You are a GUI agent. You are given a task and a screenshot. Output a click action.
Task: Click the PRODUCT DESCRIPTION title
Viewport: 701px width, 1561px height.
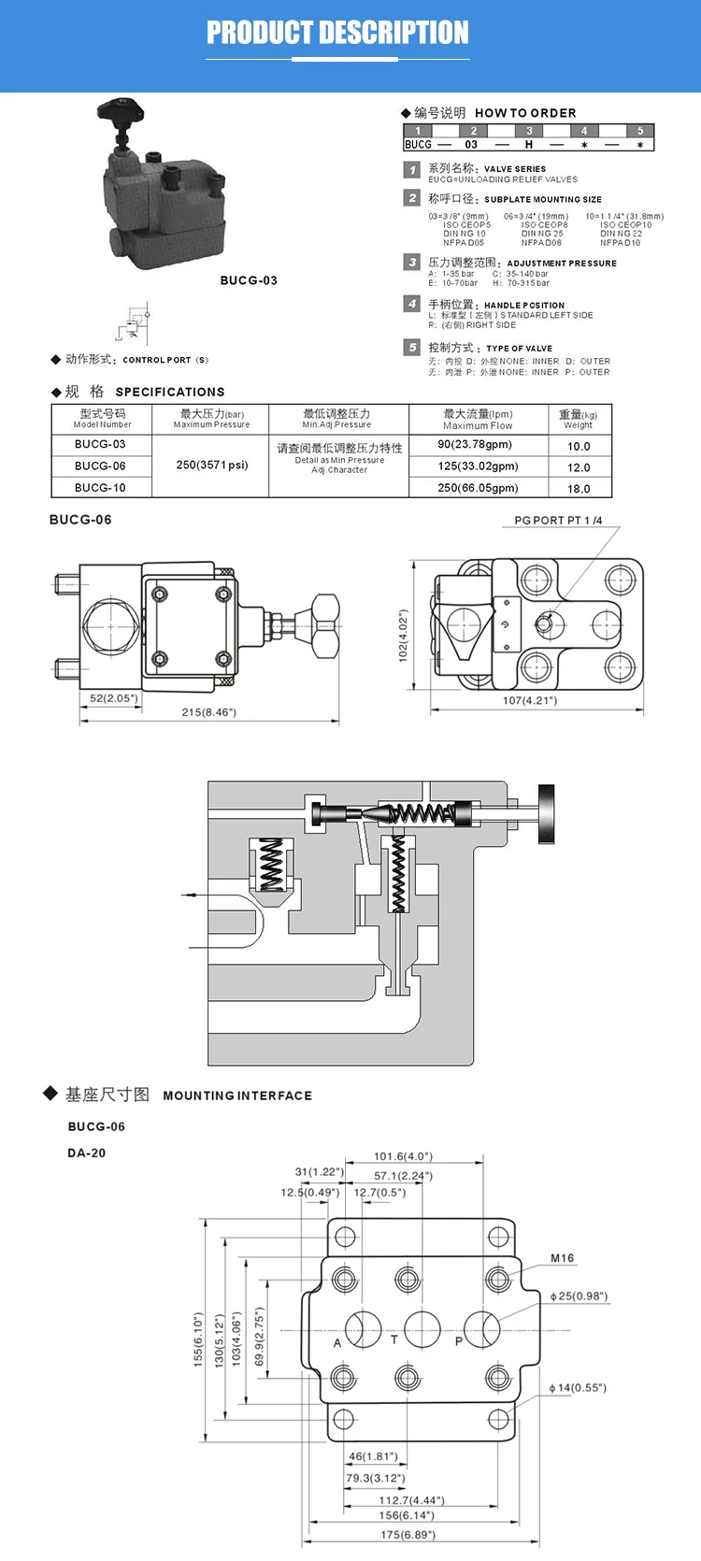tap(337, 33)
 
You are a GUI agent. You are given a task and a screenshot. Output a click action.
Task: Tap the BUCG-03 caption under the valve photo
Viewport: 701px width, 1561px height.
tap(249, 280)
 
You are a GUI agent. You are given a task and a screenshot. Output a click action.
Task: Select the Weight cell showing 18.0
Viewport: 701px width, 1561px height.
tap(579, 489)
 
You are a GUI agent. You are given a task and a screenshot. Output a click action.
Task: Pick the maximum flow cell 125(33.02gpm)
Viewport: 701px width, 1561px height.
tap(478, 466)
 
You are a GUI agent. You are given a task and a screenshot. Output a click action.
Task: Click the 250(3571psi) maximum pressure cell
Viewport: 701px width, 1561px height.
tap(212, 465)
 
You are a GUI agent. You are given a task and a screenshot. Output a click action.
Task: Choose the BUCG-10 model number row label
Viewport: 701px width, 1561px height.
tap(100, 488)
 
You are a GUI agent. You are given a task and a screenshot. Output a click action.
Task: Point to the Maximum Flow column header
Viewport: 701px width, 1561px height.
tap(478, 419)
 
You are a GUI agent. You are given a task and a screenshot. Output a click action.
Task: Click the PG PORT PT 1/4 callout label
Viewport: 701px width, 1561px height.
tap(558, 521)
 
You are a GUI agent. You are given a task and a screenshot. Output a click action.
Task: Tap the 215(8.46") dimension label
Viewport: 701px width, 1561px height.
tap(208, 712)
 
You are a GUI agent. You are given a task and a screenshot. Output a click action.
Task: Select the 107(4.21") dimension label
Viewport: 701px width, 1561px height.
tap(530, 700)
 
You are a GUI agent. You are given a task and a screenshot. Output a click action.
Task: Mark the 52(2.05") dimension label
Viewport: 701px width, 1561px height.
tap(113, 698)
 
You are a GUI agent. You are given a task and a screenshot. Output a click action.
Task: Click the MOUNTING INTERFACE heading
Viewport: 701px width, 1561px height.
tap(237, 1096)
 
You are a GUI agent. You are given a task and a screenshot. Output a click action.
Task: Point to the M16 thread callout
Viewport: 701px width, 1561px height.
tap(562, 1258)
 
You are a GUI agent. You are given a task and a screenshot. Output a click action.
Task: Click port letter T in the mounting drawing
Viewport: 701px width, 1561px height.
tap(394, 1339)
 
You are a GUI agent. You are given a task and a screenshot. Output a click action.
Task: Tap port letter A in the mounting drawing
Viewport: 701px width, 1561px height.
tap(337, 1343)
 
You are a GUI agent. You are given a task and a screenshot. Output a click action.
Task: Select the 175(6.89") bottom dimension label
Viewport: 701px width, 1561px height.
tap(408, 1534)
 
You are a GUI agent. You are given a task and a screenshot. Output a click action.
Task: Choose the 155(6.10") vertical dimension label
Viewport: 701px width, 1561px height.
tap(198, 1339)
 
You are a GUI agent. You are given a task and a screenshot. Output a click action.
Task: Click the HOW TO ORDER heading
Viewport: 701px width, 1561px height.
tap(525, 113)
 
